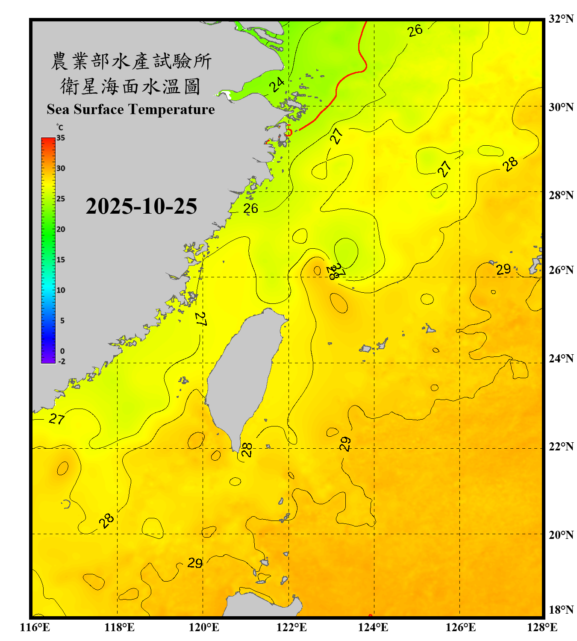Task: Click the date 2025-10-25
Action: click(x=141, y=206)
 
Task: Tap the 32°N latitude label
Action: click(x=561, y=19)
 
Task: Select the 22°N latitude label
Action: click(x=561, y=447)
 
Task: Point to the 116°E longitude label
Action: click(x=35, y=627)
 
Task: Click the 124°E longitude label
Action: click(x=373, y=627)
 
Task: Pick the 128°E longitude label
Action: click(x=542, y=627)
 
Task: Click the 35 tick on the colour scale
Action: click(x=61, y=138)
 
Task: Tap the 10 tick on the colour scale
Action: click(x=61, y=290)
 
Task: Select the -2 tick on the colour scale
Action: click(x=62, y=361)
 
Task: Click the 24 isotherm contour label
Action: click(x=277, y=85)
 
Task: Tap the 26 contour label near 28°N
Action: click(x=250, y=208)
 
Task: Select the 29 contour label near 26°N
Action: click(x=503, y=269)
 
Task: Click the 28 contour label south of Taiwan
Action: click(x=247, y=450)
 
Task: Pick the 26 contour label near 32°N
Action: click(x=415, y=30)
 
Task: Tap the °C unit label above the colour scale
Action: click(x=60, y=127)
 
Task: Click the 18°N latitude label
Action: click(x=561, y=610)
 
